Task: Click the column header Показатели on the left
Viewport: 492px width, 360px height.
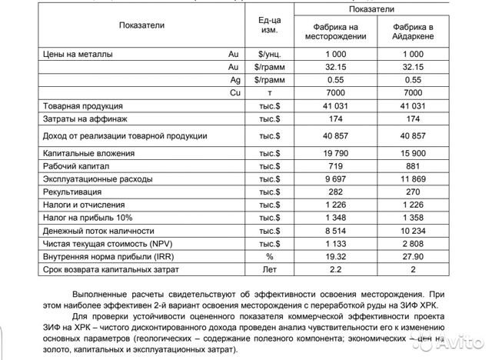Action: [x=141, y=25]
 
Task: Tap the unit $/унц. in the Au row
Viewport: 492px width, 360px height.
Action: [x=270, y=55]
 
